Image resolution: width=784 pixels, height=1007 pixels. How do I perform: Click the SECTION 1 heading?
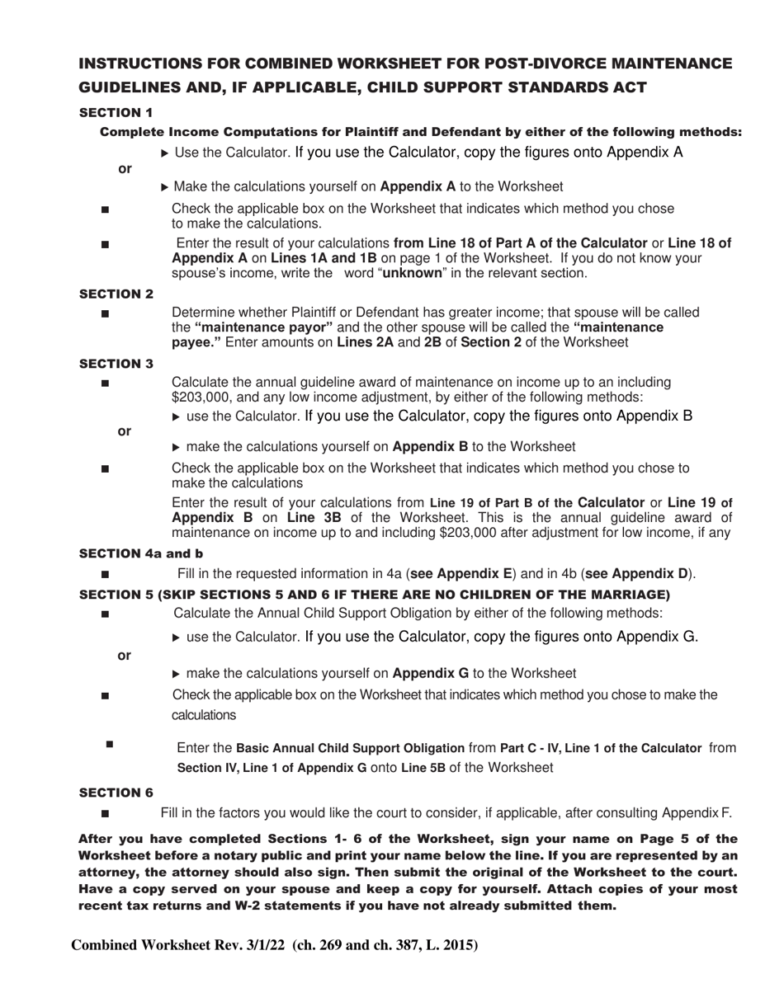click(x=116, y=112)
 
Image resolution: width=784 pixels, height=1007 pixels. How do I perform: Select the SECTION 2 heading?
click(x=116, y=294)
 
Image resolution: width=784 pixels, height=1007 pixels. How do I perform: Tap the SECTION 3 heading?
click(x=116, y=364)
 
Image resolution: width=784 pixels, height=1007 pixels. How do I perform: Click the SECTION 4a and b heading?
click(x=140, y=553)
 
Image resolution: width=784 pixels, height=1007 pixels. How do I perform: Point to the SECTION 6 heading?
click(x=116, y=793)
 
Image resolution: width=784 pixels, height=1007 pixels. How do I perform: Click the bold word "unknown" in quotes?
click(x=412, y=273)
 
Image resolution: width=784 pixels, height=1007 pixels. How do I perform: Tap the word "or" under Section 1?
click(x=125, y=169)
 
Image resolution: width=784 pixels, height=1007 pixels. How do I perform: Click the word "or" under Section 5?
click(x=125, y=656)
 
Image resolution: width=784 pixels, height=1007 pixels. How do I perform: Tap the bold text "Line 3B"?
click(x=311, y=518)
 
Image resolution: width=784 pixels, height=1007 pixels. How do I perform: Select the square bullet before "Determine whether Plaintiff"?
click(x=105, y=314)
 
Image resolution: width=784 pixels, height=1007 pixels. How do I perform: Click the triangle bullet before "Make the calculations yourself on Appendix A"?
click(x=165, y=187)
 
